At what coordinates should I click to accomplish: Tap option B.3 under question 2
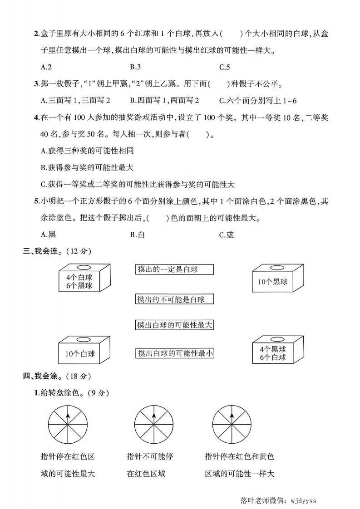135,67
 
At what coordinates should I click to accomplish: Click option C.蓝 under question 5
227,235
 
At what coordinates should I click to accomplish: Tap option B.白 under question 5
137,235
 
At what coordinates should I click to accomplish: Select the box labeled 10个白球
80,352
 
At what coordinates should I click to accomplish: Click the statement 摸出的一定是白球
174,269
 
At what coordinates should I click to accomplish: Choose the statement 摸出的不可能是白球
174,299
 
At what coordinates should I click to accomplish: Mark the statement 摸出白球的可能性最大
174,325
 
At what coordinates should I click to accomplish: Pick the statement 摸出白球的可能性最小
174,353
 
